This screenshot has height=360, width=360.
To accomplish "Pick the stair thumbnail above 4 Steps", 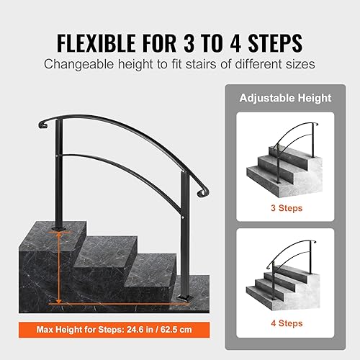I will [288, 277].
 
